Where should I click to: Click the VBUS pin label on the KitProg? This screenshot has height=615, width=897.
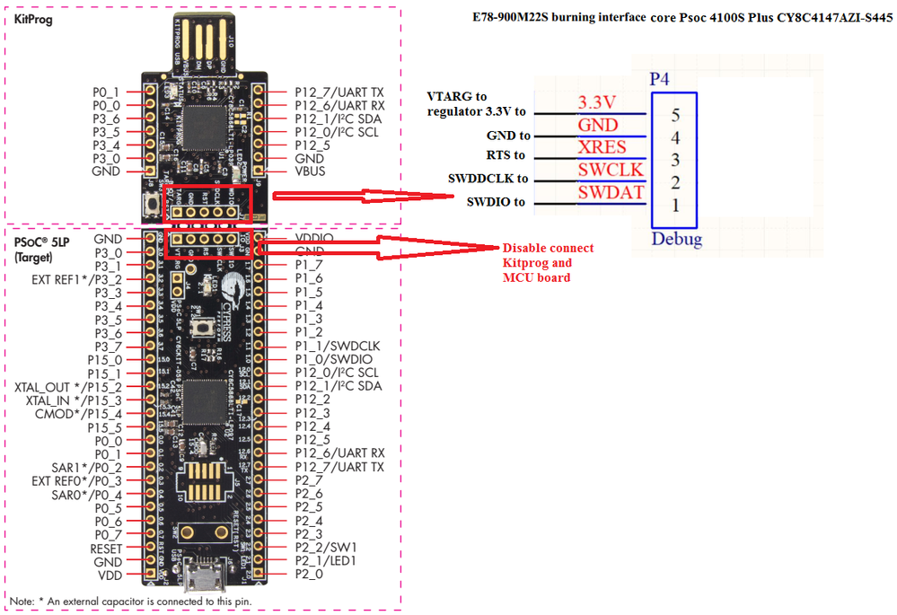[x=310, y=171]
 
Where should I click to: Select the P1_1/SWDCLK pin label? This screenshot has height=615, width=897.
[x=337, y=346]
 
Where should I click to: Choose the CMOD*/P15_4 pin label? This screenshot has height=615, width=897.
[x=78, y=413]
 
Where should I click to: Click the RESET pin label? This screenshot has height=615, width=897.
[x=106, y=548]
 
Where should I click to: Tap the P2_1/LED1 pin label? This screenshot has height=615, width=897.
[x=330, y=560]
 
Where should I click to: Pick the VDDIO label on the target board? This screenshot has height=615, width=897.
[x=315, y=239]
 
